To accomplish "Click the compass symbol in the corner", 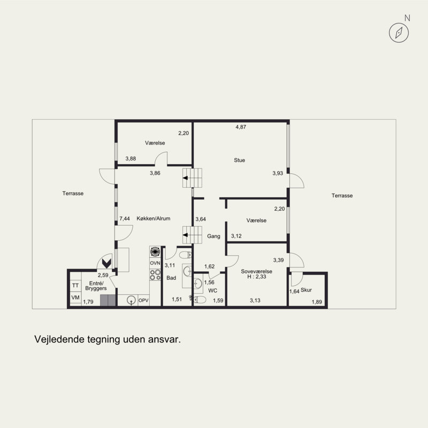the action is tap(399, 33).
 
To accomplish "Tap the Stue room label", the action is tap(239, 160).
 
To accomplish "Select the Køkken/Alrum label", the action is tap(154, 218).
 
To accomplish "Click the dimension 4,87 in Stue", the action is tap(241, 127).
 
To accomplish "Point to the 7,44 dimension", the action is tap(125, 219).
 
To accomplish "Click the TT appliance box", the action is tap(75, 286).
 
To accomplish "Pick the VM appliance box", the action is tap(75, 297).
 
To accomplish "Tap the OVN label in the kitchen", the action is tap(155, 263).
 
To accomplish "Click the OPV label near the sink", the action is tap(143, 301).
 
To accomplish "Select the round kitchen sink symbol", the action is tap(131, 300).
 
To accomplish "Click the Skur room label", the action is tap(306, 290).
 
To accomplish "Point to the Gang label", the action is tap(213, 236).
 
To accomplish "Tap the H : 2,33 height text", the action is tap(257, 277).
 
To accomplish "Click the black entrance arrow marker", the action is tap(106, 263).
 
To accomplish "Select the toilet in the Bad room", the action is tap(185, 255).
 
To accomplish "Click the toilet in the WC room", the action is tap(200, 300).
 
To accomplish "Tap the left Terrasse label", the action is tap(73, 193).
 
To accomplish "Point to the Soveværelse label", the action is tap(257, 271).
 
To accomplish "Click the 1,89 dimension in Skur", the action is tap(317, 302).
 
